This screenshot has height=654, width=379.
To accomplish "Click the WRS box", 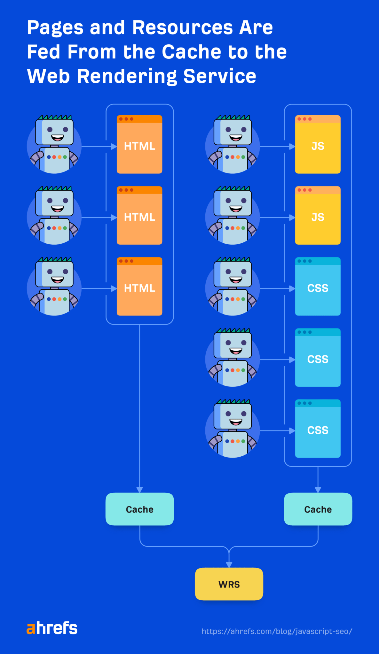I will click(229, 584).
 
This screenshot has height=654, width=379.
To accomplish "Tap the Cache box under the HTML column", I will click(139, 509).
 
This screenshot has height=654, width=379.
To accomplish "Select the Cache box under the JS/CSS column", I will click(318, 509).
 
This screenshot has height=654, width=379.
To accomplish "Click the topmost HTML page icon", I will click(139, 144).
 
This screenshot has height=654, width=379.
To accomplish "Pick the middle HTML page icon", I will click(139, 216).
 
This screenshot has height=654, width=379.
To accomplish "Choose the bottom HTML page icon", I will click(139, 286).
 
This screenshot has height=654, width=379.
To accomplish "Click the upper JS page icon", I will click(318, 144).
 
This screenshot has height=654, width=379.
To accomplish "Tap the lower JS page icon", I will click(318, 216).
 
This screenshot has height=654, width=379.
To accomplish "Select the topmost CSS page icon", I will click(318, 286).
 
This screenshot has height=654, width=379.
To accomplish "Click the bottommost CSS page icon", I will click(318, 429).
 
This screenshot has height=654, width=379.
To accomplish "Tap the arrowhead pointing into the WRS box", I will click(229, 565).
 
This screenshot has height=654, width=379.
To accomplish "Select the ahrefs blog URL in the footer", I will click(277, 631).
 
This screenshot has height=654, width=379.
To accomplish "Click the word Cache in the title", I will click(191, 52).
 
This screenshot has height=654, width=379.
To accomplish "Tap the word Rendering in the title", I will click(127, 77).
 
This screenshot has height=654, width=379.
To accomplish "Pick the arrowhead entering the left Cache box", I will click(139, 490).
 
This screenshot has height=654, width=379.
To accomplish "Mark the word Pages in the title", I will click(55, 28).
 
